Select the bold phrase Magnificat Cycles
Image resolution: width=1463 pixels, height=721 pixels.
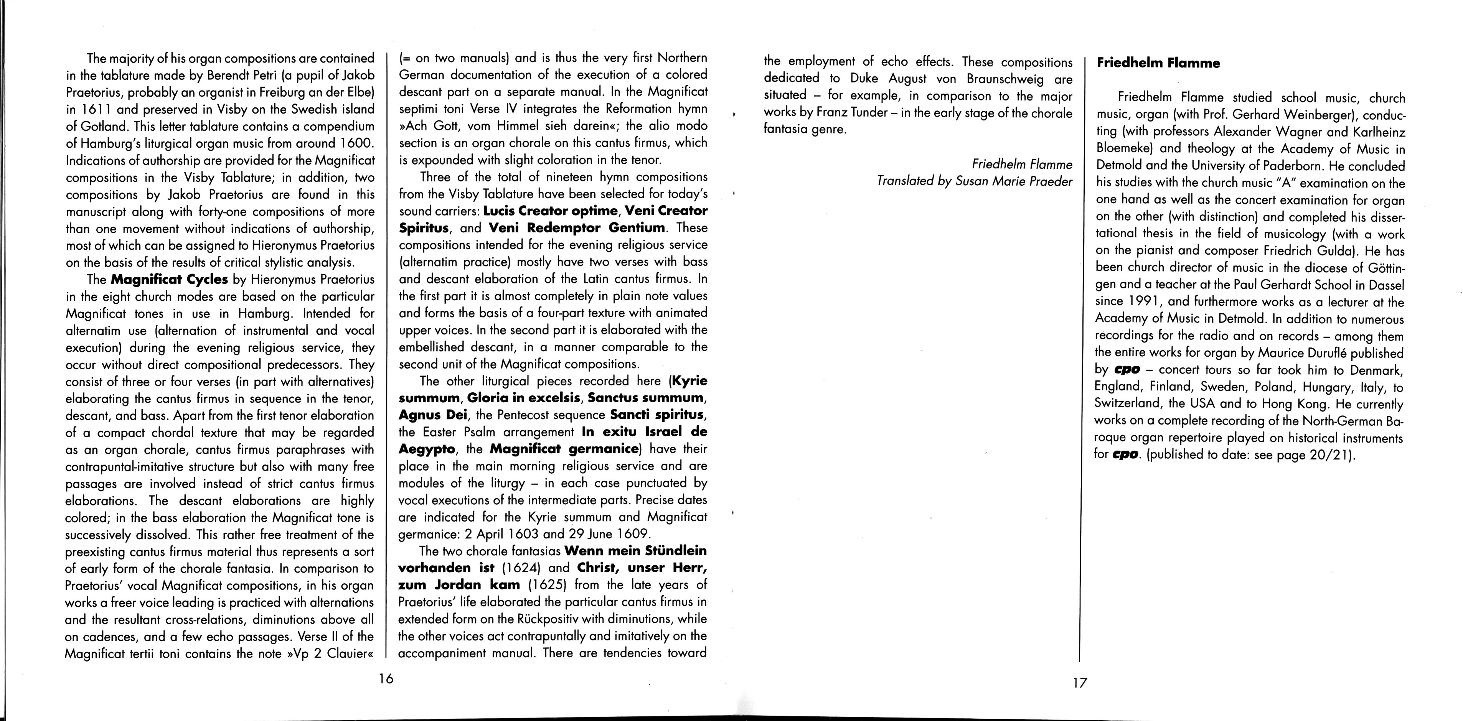click(169, 279)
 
